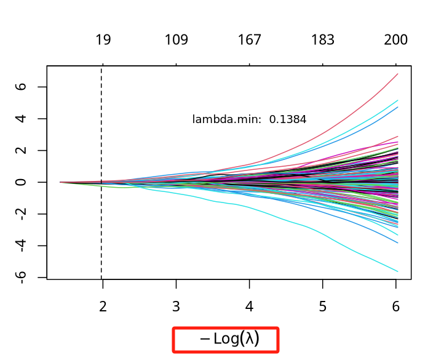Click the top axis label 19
point(103,41)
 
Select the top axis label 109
point(176,41)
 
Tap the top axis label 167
point(250,41)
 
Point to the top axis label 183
point(323,41)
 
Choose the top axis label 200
point(396,41)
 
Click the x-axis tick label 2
point(103,306)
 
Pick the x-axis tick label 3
point(176,306)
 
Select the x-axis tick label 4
point(250,306)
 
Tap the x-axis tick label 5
point(323,306)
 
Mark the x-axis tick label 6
point(396,306)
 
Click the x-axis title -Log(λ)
point(226,339)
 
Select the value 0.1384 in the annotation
point(288,119)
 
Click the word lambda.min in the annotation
point(227,119)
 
